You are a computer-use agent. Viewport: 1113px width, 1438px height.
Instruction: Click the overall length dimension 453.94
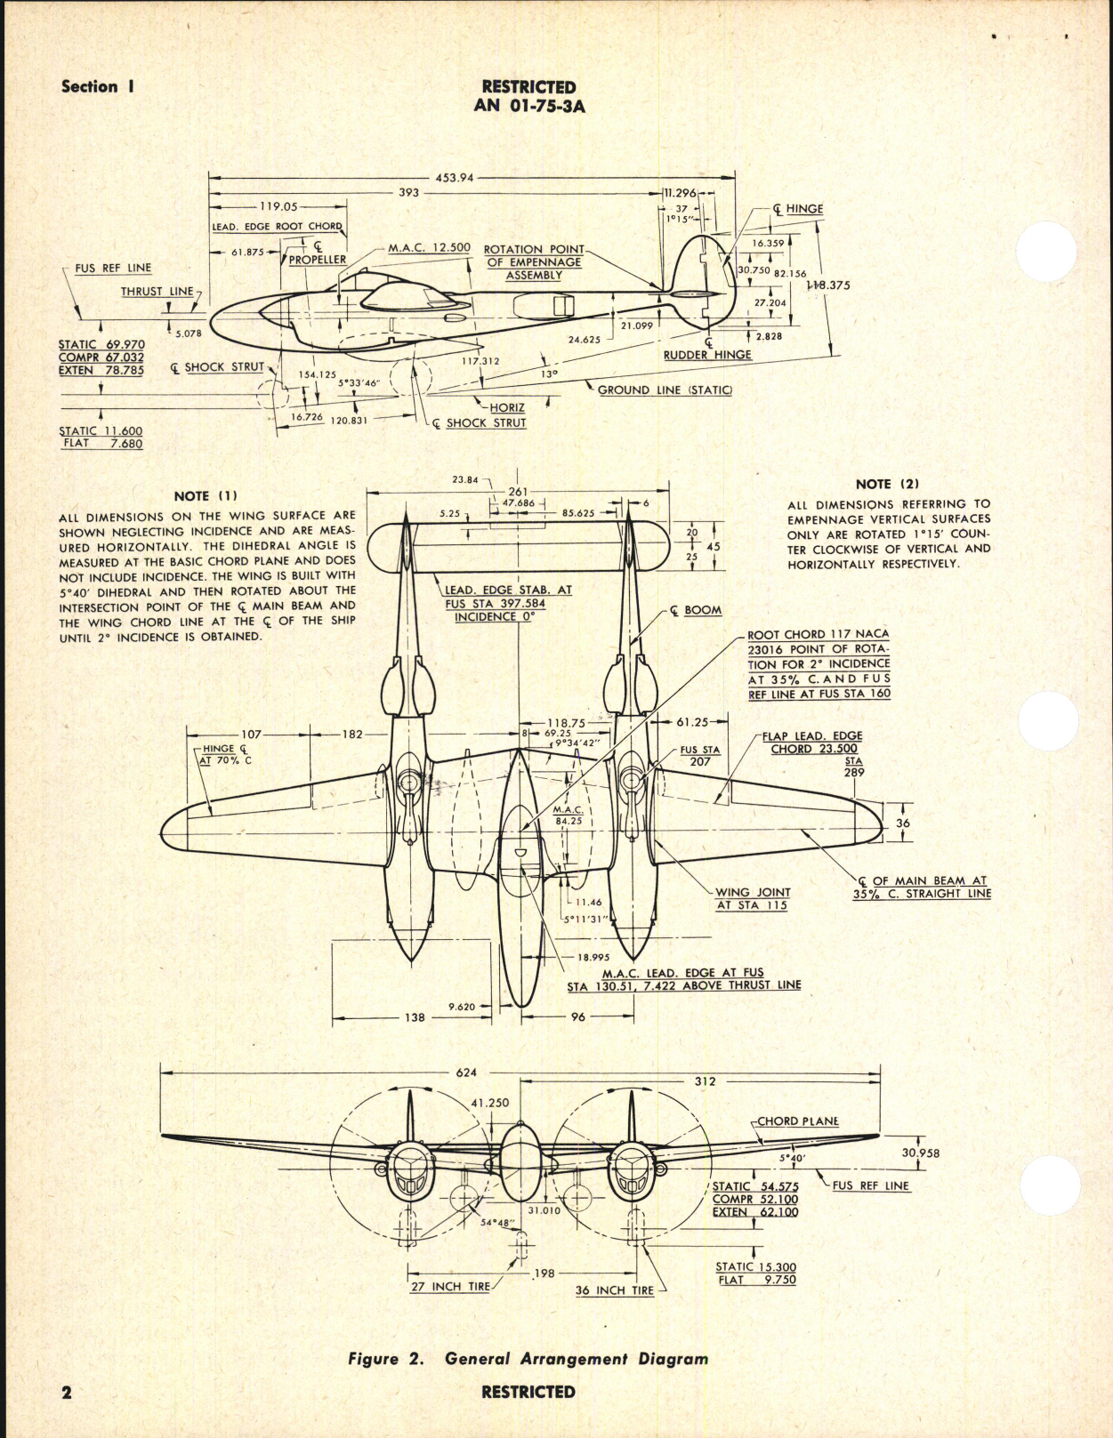pyautogui.click(x=454, y=178)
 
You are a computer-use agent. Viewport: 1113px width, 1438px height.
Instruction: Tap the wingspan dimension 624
pyautogui.click(x=466, y=1072)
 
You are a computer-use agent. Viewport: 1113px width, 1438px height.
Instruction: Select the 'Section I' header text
pyautogui.click(x=97, y=87)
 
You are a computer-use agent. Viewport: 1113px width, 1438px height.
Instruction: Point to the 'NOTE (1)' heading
pyautogui.click(x=206, y=496)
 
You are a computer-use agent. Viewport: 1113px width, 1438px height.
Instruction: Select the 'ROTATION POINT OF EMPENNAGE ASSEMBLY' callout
pyautogui.click(x=534, y=262)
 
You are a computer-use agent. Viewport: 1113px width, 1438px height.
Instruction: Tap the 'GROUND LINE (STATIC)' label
pyautogui.click(x=665, y=390)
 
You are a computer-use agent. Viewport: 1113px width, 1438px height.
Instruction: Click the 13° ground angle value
pyautogui.click(x=549, y=374)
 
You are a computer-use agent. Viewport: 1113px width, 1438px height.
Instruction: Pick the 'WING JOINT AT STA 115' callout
pyautogui.click(x=753, y=898)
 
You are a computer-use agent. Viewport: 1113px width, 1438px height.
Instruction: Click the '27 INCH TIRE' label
pyautogui.click(x=450, y=1287)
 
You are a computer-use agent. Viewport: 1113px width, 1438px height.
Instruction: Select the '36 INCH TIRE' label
pyautogui.click(x=614, y=1290)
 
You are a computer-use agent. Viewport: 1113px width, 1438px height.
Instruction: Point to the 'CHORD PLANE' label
pyautogui.click(x=798, y=1121)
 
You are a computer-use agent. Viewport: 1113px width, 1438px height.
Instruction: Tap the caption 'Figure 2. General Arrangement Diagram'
pyautogui.click(x=528, y=1359)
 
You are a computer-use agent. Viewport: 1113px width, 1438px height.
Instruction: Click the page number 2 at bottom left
pyautogui.click(x=67, y=1393)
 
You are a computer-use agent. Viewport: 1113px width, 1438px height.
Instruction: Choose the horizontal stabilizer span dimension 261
pyautogui.click(x=518, y=492)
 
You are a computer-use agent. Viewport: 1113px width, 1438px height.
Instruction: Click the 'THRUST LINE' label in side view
pyautogui.click(x=157, y=292)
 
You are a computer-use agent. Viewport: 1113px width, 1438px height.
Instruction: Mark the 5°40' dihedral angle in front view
pyautogui.click(x=792, y=1159)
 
